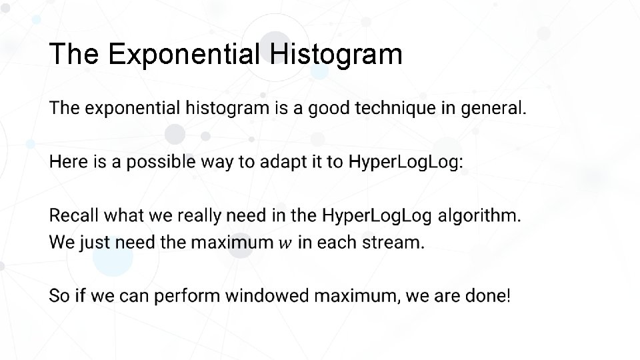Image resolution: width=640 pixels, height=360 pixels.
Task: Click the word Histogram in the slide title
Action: (x=337, y=54)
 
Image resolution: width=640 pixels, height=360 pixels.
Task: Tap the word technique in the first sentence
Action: (x=395, y=108)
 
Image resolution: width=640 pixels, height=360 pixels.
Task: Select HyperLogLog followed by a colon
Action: (x=405, y=162)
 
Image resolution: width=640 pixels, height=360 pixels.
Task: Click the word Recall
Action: (x=74, y=216)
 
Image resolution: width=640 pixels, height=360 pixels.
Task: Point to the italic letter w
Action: (x=285, y=243)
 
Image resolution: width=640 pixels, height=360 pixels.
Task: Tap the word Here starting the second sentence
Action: (x=69, y=162)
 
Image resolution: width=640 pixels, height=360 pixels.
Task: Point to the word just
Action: (x=95, y=243)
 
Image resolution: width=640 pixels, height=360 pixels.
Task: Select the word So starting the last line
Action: (x=59, y=296)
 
